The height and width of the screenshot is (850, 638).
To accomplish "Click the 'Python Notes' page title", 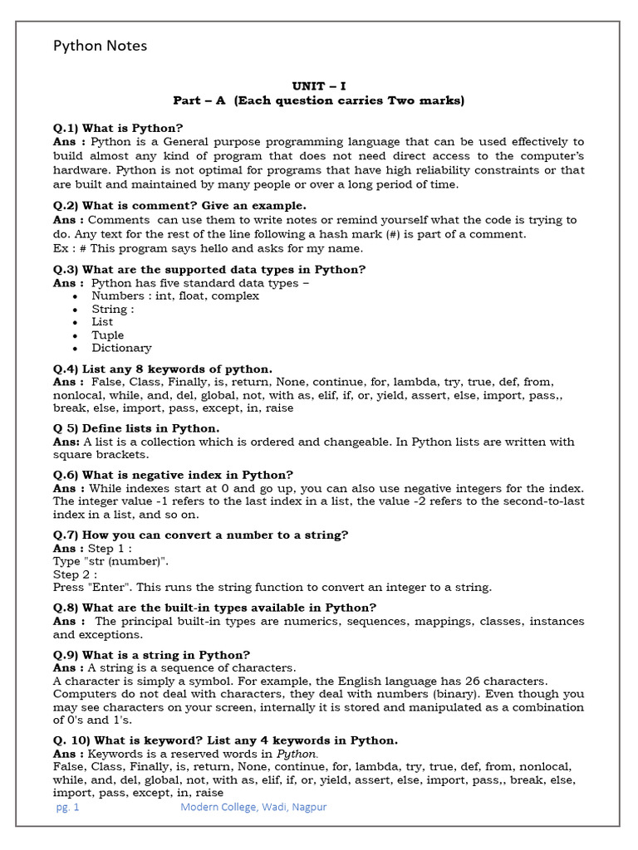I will [100, 46].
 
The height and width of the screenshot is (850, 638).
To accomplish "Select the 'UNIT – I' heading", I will [319, 86].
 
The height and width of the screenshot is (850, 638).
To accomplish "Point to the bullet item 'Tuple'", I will [107, 335].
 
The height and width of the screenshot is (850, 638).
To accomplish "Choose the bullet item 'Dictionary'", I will [121, 348].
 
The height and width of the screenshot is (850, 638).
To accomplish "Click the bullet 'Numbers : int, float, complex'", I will [174, 296].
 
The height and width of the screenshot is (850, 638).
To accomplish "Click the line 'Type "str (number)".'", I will [110, 561].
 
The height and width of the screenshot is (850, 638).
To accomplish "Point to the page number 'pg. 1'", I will [66, 806].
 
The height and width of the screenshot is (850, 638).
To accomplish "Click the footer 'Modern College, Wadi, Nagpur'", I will [253, 806].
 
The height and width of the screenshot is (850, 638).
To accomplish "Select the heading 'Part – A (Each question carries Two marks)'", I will [319, 100].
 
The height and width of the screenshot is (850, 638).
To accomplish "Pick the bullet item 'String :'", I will [112, 309].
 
